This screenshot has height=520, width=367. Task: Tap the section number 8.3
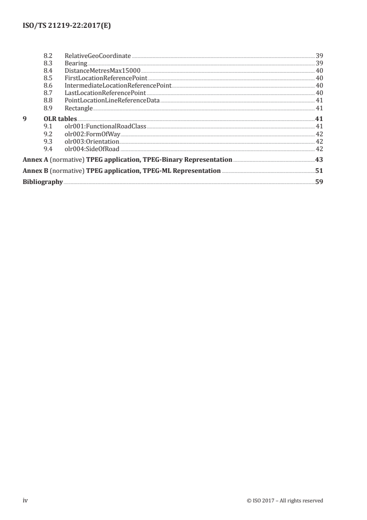pos(47,63)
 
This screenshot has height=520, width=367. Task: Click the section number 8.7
pos(47,93)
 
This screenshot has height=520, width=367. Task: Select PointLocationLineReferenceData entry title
pos(112,100)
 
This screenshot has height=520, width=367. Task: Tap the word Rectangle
pos(79,108)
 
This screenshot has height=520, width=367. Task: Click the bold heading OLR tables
pos(57,119)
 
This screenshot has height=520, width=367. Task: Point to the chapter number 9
pos(25,119)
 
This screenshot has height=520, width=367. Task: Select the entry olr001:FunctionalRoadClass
pos(105,127)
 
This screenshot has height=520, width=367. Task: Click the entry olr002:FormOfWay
pos(92,134)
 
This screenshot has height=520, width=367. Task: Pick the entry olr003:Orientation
pos(92,141)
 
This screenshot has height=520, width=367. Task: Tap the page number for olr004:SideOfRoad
pos(319,149)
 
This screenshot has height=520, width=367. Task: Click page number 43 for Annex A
pos(319,160)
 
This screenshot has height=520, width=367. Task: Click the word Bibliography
pos(43,182)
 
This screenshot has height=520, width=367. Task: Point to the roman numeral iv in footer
pos(25,501)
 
